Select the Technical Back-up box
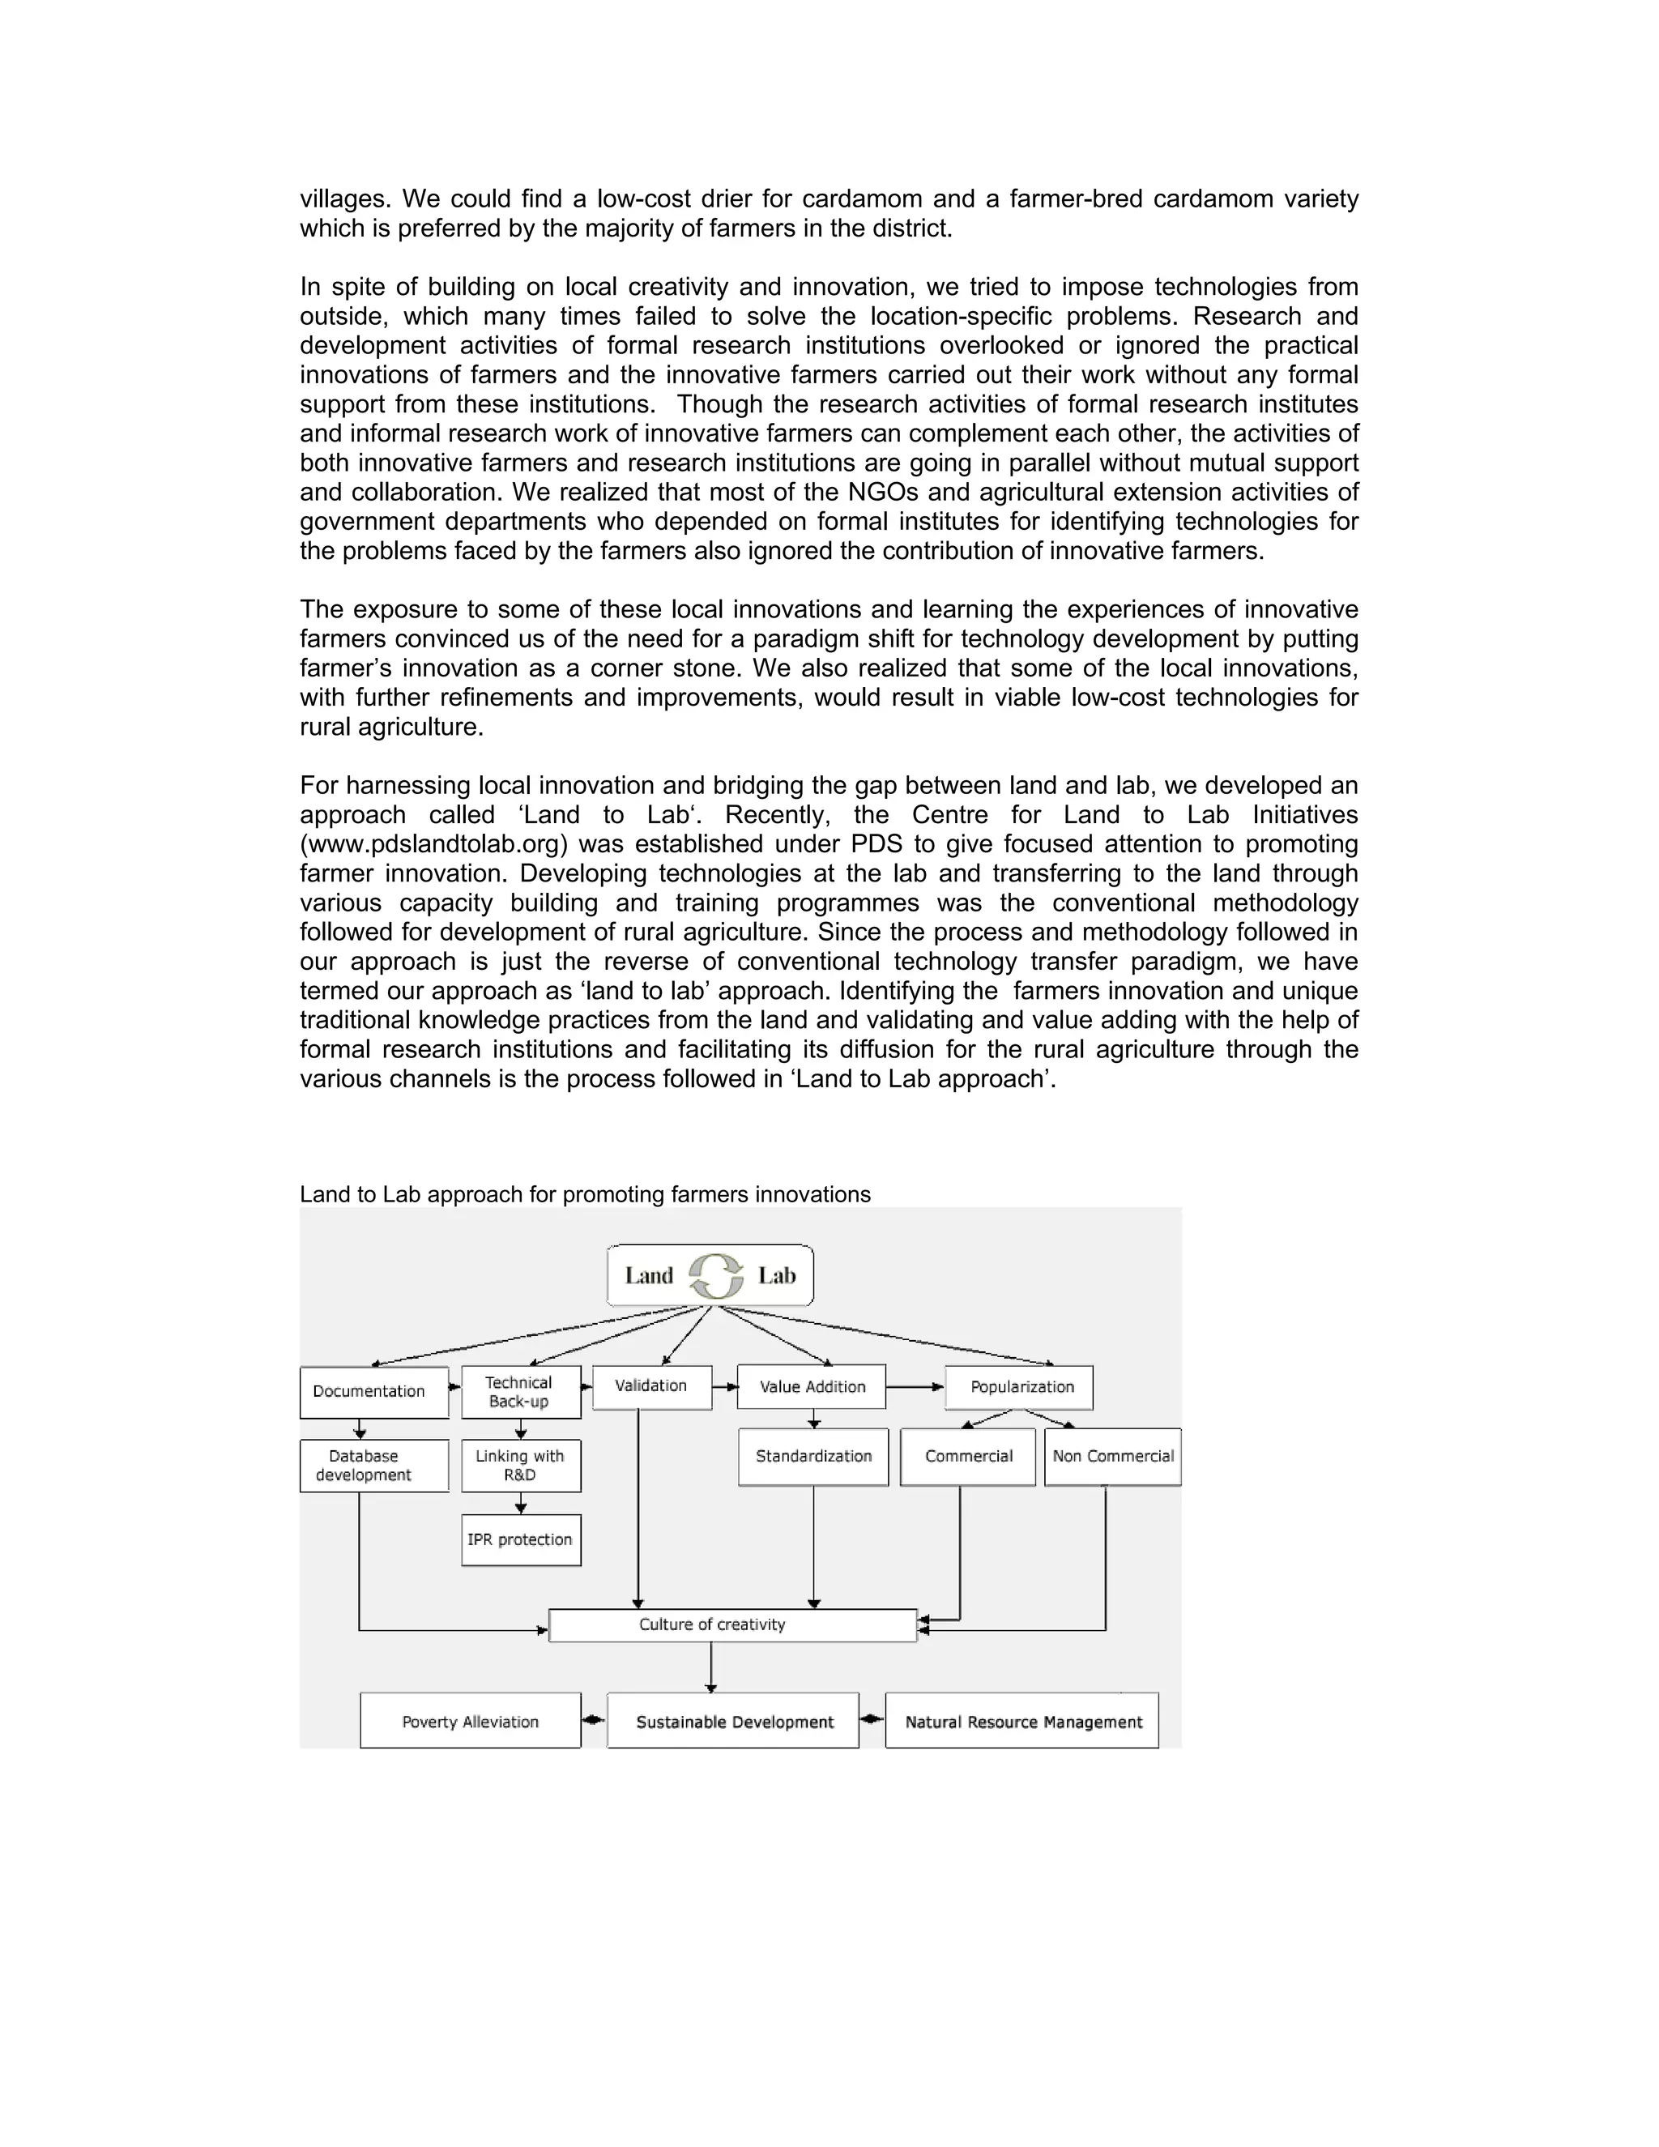tap(521, 1392)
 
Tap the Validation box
tap(651, 1386)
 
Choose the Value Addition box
tap(812, 1387)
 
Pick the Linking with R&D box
tap(521, 1466)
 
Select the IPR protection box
tap(521, 1539)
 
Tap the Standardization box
tap(812, 1456)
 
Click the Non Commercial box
tap(1112, 1456)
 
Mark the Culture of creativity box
tap(732, 1625)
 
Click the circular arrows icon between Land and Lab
tap(715, 1276)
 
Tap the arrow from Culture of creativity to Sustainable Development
tap(711, 1667)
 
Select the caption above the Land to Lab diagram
tap(585, 1194)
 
